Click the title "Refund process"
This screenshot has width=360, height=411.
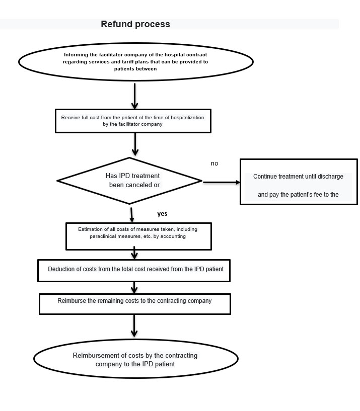(135, 24)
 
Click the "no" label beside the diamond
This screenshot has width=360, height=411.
(214, 163)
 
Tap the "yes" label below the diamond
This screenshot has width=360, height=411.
(162, 214)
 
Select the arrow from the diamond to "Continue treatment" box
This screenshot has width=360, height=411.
(222, 182)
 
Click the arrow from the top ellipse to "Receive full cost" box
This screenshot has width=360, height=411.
(134, 96)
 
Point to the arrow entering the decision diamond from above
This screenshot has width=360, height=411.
(135, 144)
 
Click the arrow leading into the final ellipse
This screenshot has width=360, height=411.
(134, 326)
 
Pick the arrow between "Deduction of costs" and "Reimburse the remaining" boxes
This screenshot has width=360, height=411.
(134, 288)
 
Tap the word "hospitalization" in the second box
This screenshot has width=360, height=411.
(187, 118)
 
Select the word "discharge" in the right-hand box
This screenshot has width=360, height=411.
(330, 177)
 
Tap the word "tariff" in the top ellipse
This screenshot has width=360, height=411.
(128, 62)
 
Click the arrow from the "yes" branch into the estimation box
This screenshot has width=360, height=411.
(132, 215)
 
